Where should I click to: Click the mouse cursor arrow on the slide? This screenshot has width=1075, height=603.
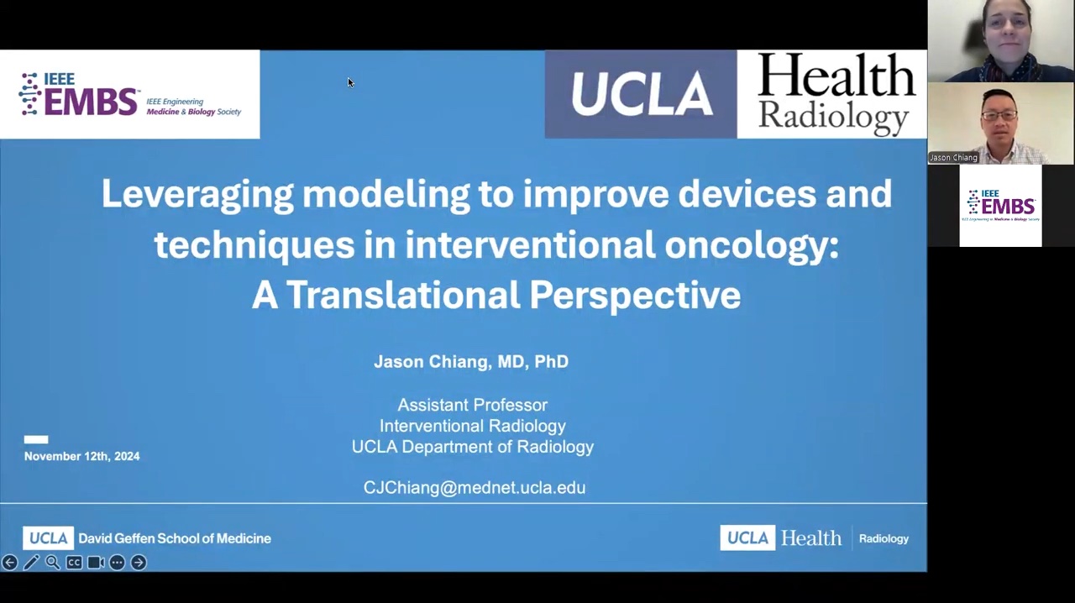tap(351, 82)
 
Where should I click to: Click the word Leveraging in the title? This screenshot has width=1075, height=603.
tap(197, 194)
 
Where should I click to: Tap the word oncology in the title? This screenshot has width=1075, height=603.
tap(752, 245)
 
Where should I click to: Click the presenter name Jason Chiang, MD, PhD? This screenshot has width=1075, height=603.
tap(471, 361)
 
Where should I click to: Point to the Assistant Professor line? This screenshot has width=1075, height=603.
tap(473, 405)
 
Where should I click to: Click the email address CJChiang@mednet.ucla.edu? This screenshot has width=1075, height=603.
tap(475, 487)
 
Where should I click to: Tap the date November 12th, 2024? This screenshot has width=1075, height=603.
tap(82, 456)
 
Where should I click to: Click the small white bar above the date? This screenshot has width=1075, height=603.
tap(36, 439)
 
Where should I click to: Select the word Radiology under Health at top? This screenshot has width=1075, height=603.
tap(834, 118)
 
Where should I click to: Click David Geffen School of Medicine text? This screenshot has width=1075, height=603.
tap(175, 538)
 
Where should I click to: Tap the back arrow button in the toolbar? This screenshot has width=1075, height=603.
tap(9, 562)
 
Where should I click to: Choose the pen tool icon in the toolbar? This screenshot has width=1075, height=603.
tap(31, 562)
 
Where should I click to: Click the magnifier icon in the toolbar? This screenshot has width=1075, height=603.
tap(53, 562)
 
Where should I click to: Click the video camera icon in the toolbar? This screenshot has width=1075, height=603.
tap(96, 562)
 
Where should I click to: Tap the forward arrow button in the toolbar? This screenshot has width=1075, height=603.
tap(139, 562)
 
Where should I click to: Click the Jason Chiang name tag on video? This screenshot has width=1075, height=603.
tap(953, 158)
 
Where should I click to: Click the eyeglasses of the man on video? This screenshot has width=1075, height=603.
tap(999, 115)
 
